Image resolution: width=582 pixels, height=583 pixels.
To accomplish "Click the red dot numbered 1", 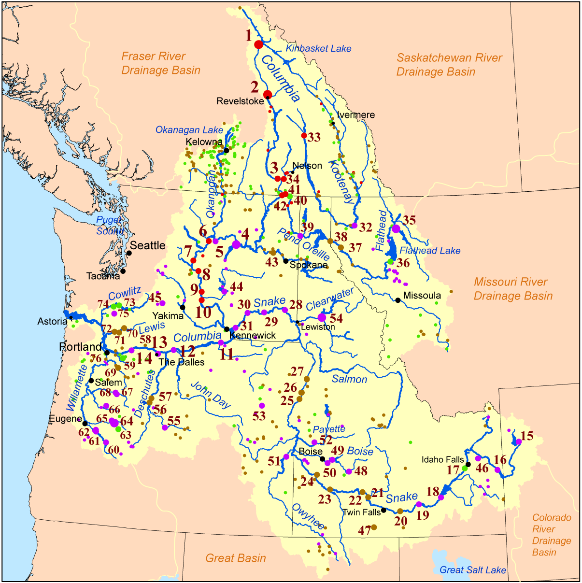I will [x=258, y=44].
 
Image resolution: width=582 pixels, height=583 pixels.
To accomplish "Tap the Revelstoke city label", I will [x=240, y=101].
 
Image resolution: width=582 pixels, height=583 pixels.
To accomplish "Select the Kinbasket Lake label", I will [x=318, y=48].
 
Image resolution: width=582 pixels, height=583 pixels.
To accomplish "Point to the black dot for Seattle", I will [x=129, y=253].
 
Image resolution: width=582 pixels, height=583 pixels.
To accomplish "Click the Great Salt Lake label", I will [x=472, y=570].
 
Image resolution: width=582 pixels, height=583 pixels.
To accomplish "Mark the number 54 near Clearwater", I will [x=336, y=318].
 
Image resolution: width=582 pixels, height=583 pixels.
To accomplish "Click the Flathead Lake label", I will [x=430, y=251].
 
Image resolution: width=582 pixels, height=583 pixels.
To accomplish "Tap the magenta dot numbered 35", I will [x=396, y=228].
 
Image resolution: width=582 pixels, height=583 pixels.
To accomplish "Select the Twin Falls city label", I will [x=362, y=512].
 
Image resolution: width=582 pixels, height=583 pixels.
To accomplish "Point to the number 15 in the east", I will [x=527, y=436].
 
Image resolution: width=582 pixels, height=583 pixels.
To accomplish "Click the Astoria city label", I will [x=53, y=321].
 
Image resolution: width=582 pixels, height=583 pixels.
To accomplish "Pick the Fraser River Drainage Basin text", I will [x=160, y=63].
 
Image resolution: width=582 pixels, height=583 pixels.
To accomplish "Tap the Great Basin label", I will [x=236, y=558].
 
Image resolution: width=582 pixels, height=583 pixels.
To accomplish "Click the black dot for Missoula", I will [x=398, y=300].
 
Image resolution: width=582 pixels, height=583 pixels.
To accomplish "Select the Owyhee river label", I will [x=308, y=516].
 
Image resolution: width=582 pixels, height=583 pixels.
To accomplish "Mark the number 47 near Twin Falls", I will [x=364, y=530].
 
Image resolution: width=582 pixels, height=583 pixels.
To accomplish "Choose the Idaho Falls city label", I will [x=442, y=459].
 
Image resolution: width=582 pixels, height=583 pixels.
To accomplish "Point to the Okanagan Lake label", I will [x=189, y=130].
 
